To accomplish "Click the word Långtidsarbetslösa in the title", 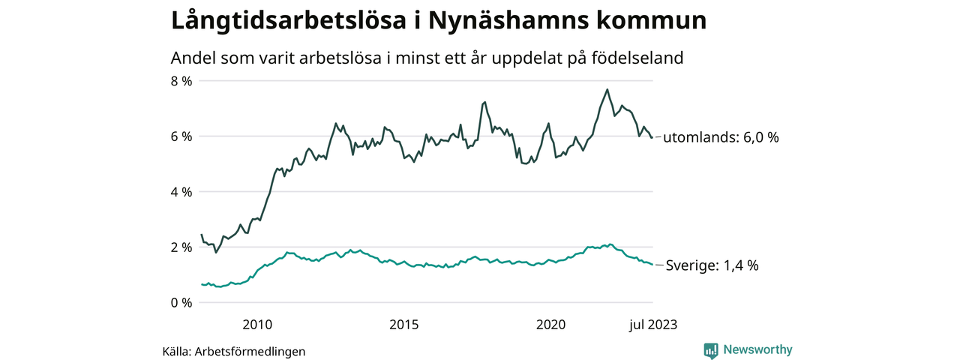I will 288,21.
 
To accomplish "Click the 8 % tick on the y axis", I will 182,81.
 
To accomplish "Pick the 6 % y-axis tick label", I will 182,136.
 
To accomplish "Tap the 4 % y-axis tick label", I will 182,192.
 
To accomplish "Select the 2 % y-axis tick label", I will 182,247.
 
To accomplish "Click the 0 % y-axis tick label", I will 182,303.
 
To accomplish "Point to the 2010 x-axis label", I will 257,325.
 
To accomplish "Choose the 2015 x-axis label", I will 404,325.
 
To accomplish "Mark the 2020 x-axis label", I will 551,325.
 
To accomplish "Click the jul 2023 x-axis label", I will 652,325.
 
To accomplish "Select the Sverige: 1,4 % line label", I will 712,265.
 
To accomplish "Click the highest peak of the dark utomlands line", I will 607,90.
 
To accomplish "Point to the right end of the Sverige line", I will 652,265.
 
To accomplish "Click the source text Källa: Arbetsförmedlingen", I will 234,351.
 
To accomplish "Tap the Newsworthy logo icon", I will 711,350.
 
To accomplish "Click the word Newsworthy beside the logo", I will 757,350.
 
